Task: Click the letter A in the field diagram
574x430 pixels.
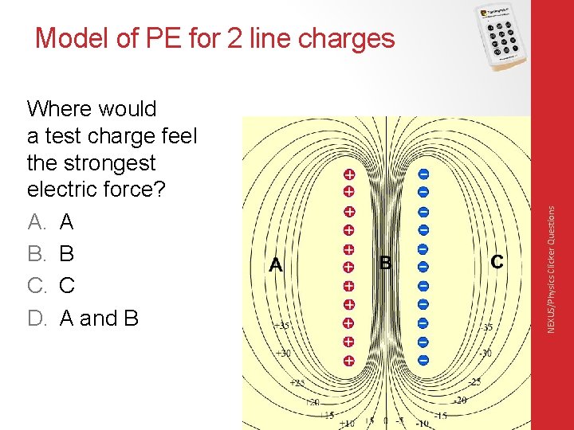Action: (x=276, y=264)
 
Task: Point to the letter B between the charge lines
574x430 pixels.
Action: (x=386, y=262)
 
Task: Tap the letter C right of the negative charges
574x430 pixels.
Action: (x=497, y=261)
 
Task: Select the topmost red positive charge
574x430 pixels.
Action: (x=348, y=174)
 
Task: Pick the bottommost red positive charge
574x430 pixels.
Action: (x=348, y=361)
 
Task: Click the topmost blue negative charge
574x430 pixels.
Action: (x=423, y=174)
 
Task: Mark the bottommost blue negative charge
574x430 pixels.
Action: (x=423, y=360)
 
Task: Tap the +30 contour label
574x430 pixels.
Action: (x=282, y=354)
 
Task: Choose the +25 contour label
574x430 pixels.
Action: (x=297, y=384)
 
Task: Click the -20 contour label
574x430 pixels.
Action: (x=459, y=401)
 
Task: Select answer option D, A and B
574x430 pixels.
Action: (x=83, y=319)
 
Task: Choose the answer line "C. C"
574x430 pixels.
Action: (x=51, y=286)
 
